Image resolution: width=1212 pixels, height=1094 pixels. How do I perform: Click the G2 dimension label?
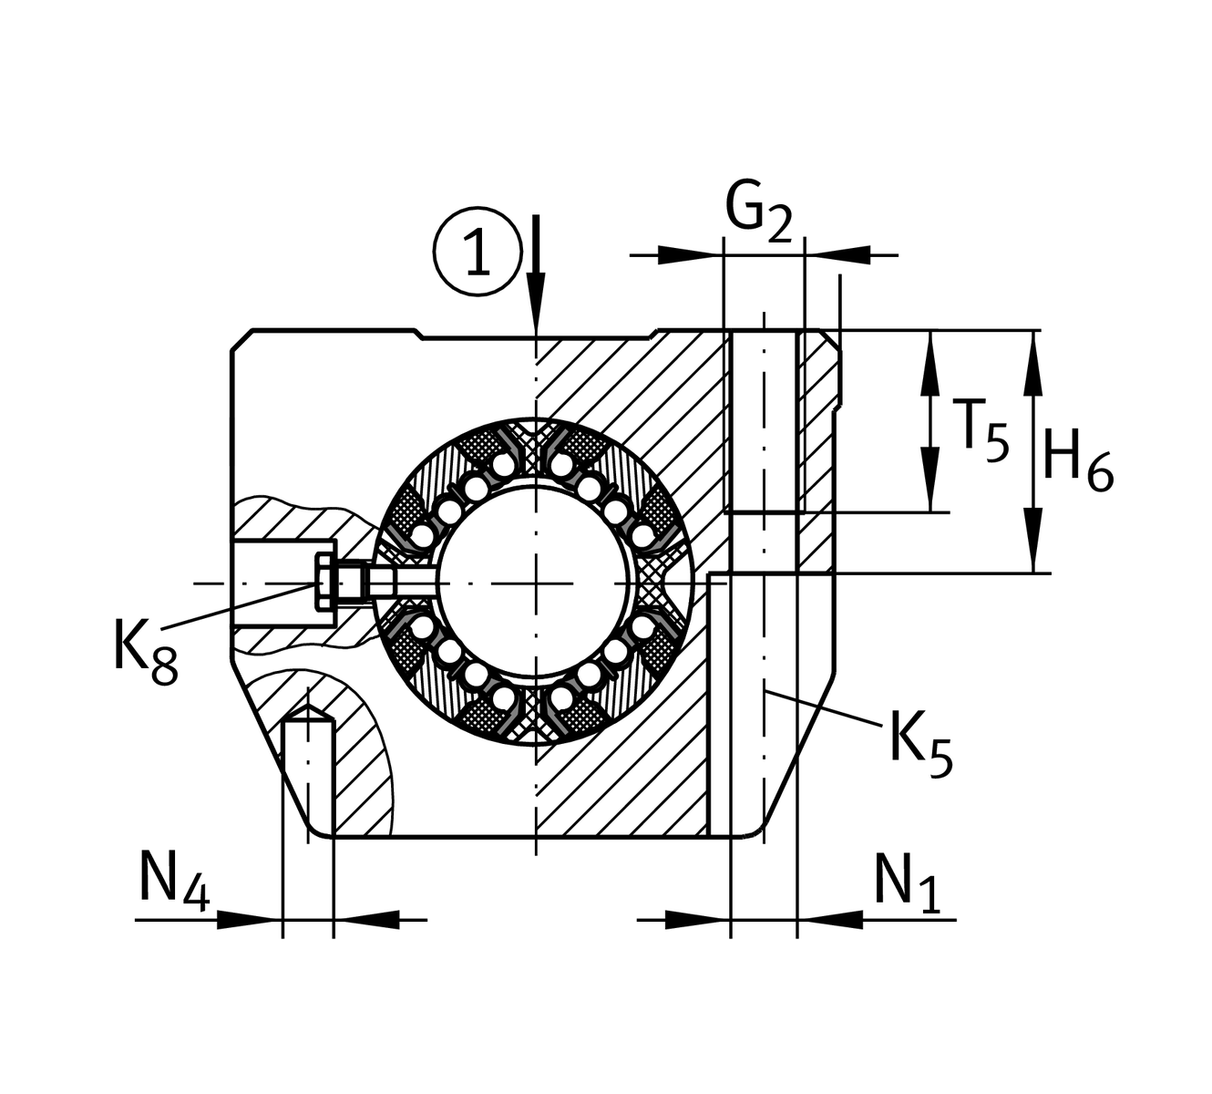758,213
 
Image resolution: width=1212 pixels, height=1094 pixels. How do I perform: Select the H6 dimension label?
1077,459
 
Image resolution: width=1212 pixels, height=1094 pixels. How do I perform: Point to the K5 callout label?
920,740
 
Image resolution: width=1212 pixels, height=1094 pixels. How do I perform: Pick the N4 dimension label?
174,880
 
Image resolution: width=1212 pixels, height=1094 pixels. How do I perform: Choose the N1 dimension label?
907,882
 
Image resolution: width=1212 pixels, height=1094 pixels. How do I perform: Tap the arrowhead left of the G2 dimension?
693,255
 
